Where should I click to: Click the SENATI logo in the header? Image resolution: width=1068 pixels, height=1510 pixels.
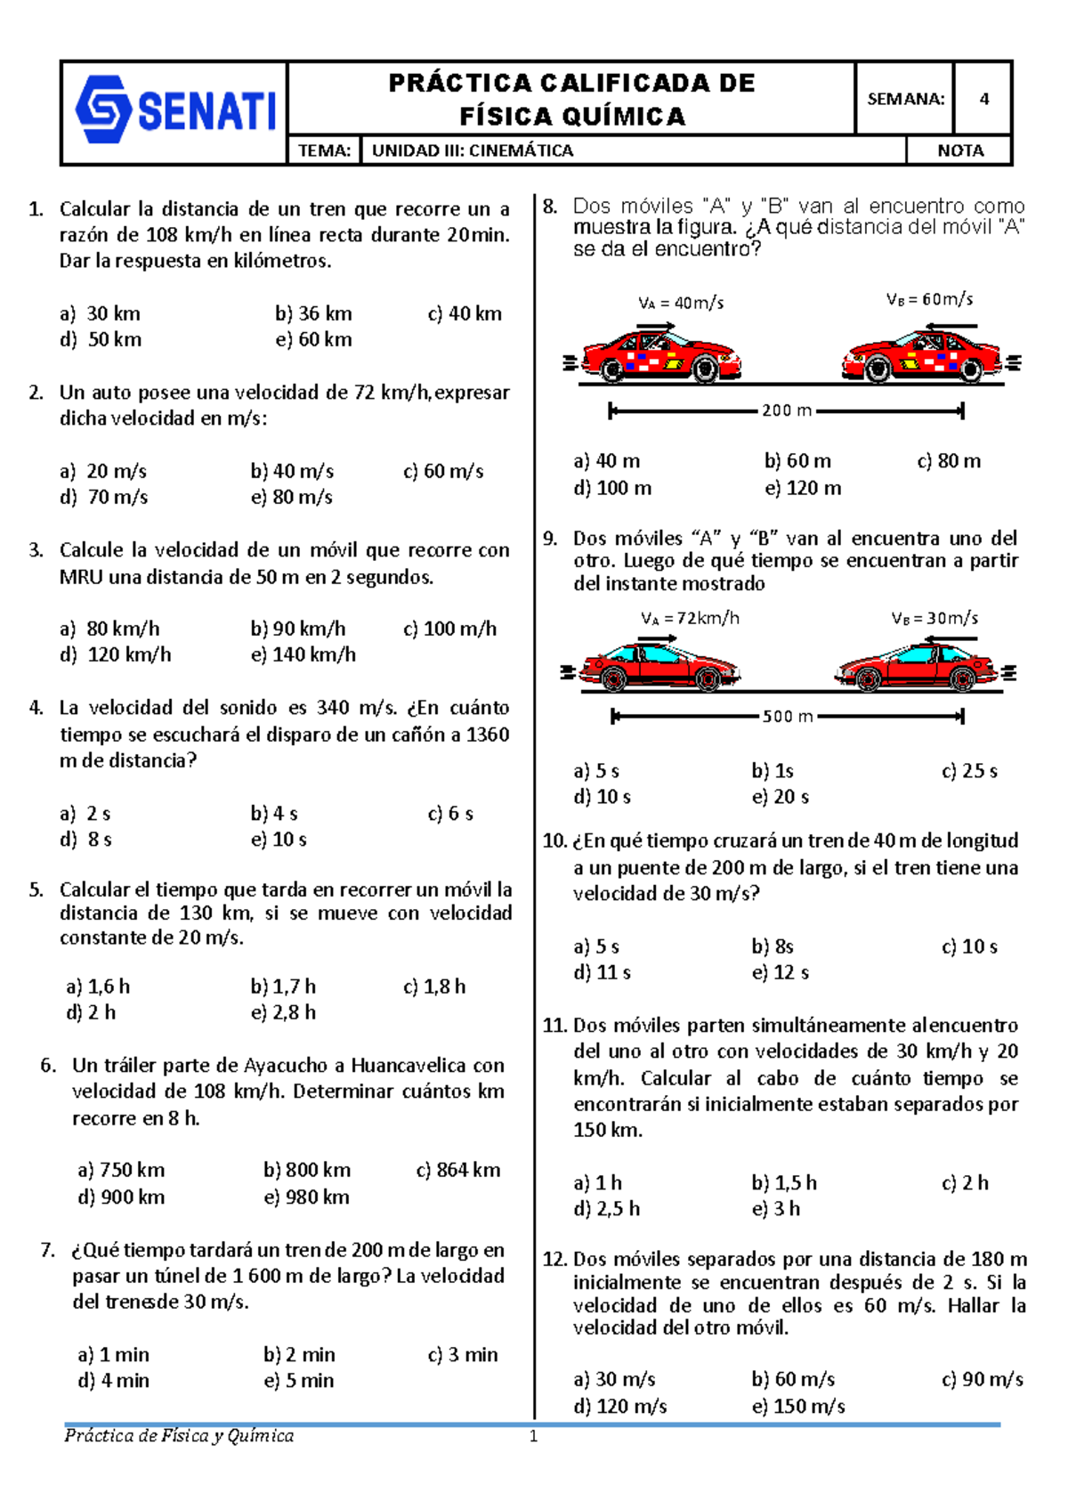[x=175, y=110]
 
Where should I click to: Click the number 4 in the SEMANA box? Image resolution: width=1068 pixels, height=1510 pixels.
[x=983, y=99]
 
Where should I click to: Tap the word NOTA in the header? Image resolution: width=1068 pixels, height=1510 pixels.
[x=960, y=150]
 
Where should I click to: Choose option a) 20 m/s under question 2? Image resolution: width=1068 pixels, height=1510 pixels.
[x=103, y=471]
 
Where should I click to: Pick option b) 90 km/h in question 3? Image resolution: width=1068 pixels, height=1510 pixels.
[x=297, y=629]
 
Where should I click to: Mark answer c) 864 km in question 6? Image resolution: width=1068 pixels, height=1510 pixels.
[x=458, y=1170]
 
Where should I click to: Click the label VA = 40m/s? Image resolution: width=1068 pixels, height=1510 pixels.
[x=681, y=303]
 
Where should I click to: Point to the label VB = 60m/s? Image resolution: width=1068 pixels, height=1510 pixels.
[x=929, y=299]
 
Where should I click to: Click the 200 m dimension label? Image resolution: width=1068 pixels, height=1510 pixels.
[x=787, y=410]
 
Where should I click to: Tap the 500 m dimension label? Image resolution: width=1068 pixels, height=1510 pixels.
[x=787, y=716]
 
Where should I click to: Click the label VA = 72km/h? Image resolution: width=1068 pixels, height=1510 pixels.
[x=690, y=618]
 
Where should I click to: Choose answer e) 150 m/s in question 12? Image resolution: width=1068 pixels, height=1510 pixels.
[x=798, y=1406]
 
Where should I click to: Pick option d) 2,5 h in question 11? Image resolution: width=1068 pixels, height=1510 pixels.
[x=607, y=1208]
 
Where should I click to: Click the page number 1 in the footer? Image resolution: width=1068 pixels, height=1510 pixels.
[x=533, y=1436]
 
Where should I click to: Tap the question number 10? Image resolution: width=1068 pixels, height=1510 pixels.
[x=554, y=841]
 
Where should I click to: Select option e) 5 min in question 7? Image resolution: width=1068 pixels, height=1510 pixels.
[x=299, y=1380]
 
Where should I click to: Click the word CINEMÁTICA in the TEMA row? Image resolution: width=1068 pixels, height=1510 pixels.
[x=522, y=150]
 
